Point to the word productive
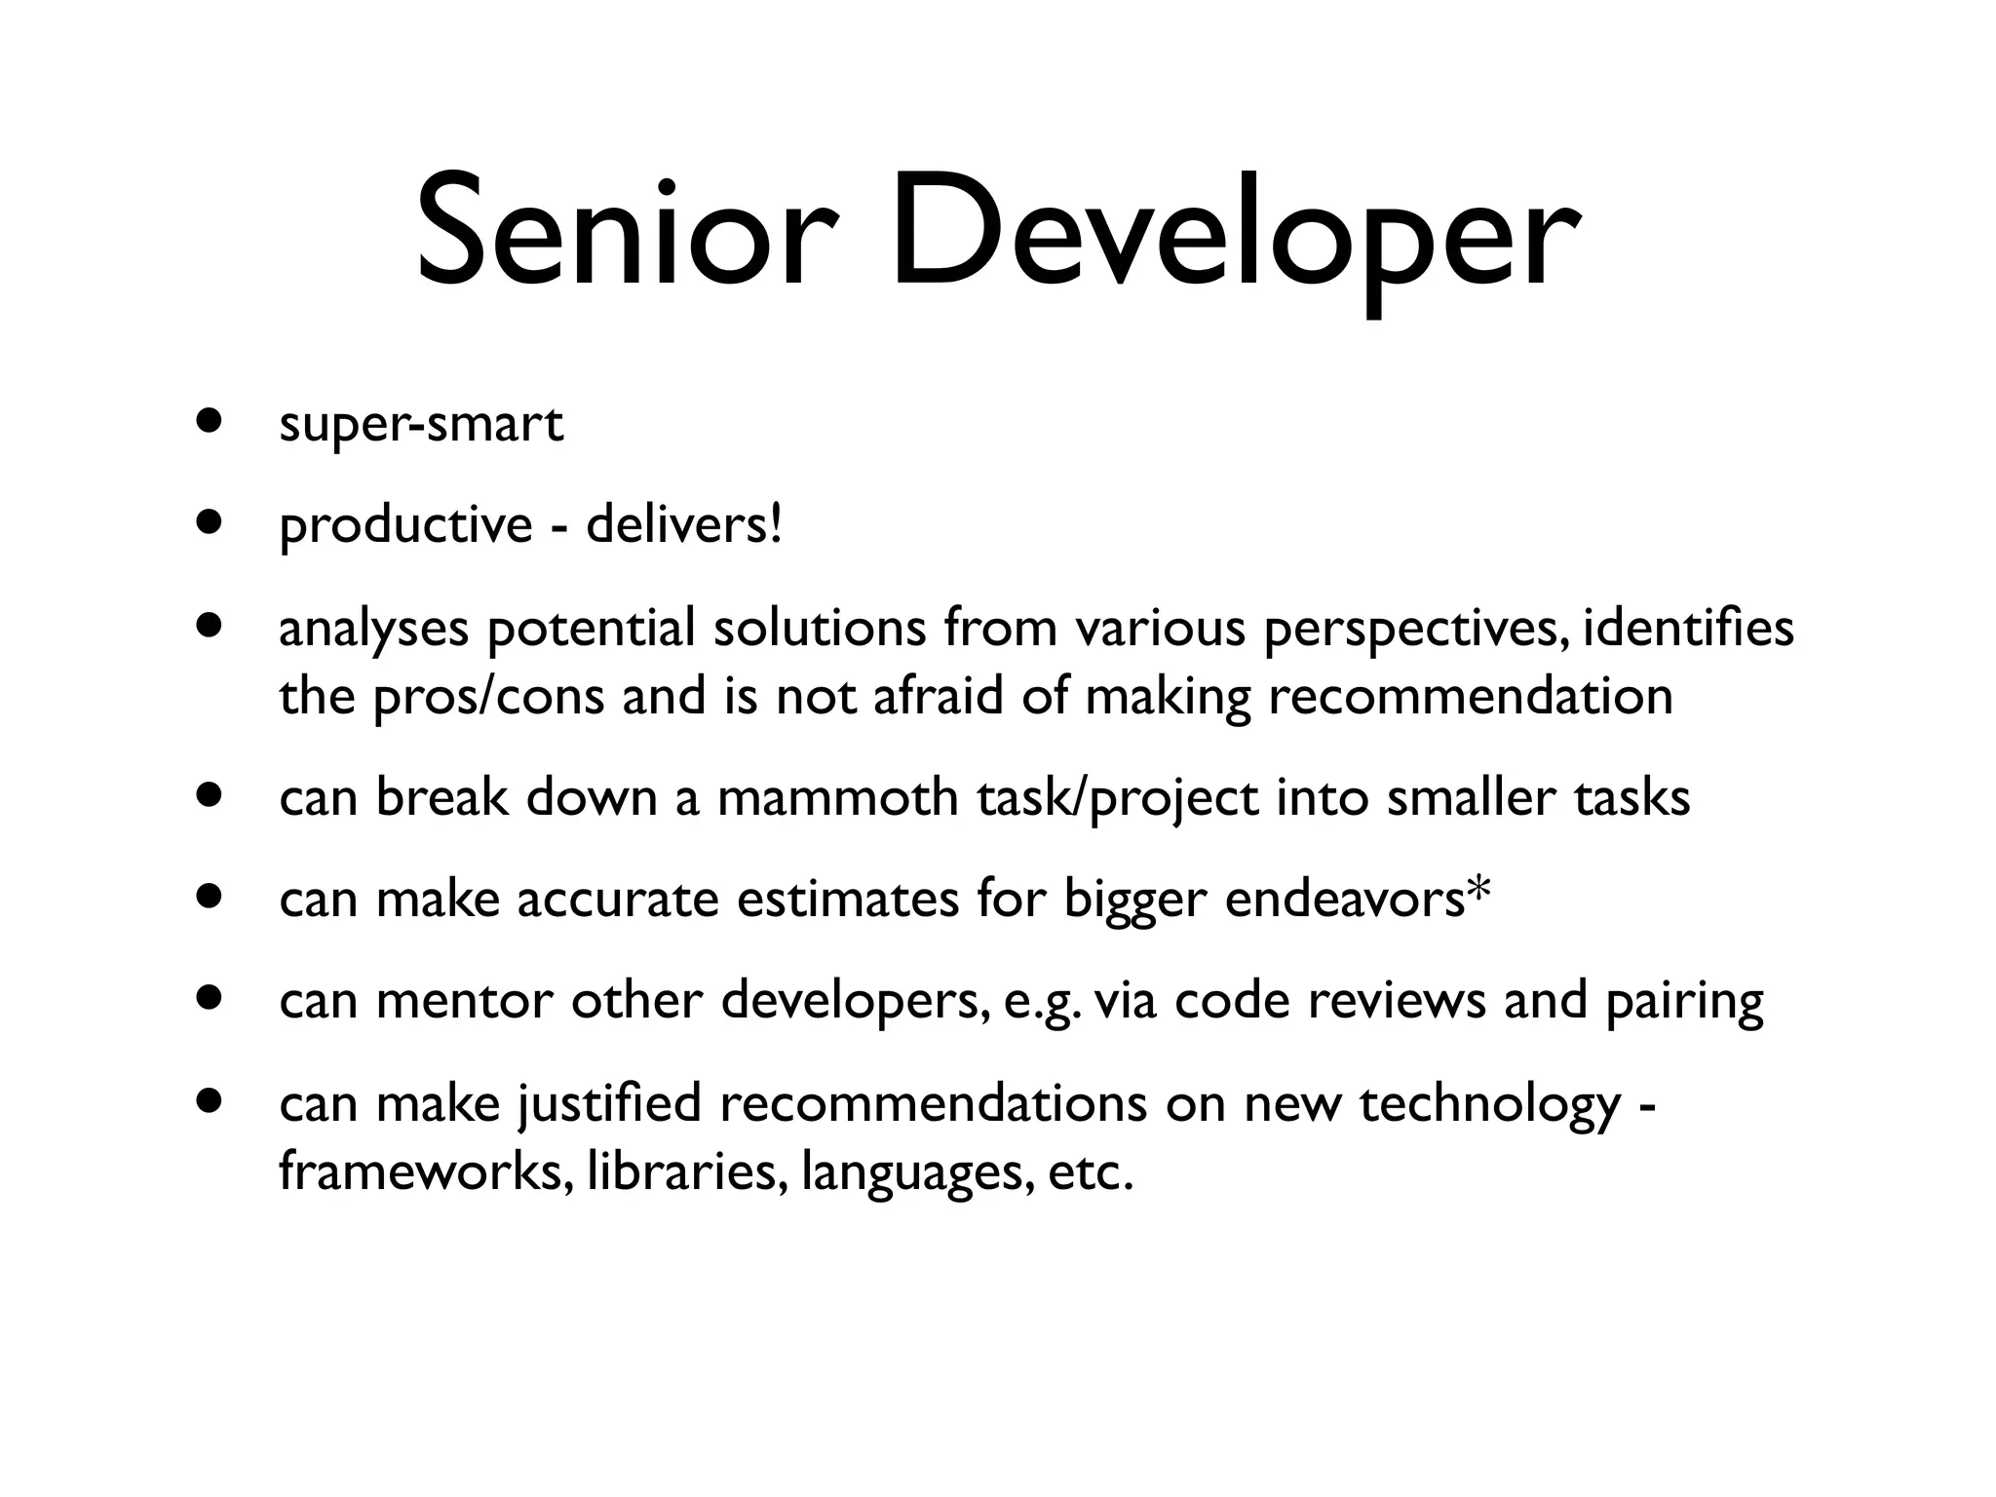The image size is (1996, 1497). point(405,527)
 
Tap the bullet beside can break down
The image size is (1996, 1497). point(208,793)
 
